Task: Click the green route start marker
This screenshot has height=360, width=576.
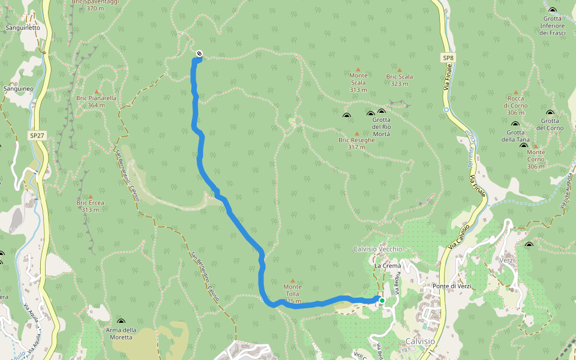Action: (382, 301)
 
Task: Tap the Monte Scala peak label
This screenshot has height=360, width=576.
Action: (358, 82)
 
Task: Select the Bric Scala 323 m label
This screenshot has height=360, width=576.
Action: (399, 80)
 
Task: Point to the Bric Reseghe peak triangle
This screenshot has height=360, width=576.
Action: (357, 134)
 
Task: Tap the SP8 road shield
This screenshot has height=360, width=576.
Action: (448, 58)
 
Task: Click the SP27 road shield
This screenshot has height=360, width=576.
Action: (37, 136)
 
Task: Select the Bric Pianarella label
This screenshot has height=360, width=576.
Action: (96, 101)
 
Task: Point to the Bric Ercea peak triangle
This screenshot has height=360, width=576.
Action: (91, 196)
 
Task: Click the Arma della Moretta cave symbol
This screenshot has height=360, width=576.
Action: (121, 322)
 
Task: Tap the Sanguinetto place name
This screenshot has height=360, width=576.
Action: (22, 28)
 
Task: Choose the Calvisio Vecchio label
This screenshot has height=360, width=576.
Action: (377, 249)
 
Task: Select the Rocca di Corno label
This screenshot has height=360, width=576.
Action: (516, 101)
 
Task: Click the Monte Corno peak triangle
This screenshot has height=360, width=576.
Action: (535, 146)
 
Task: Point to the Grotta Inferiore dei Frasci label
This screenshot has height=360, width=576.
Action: (552, 25)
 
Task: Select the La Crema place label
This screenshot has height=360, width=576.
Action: (387, 265)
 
